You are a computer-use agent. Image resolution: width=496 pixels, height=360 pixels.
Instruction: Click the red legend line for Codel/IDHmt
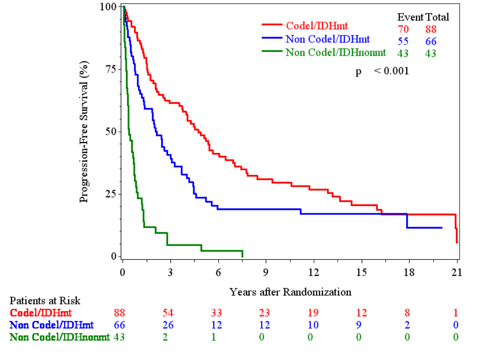(x=272, y=25)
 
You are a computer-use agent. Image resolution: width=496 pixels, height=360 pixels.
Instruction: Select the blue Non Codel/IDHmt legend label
(x=328, y=39)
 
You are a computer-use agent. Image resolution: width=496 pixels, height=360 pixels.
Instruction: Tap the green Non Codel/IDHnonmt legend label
(x=335, y=53)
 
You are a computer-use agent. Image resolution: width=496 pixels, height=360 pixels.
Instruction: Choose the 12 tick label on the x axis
(x=314, y=273)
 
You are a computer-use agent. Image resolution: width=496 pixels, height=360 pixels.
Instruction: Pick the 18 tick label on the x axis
(x=409, y=273)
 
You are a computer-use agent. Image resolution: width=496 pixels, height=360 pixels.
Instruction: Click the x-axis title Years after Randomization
(x=290, y=292)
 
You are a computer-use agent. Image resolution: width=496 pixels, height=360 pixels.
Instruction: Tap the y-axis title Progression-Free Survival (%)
(x=84, y=131)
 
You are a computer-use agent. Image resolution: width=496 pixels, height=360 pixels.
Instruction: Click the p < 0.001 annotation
(x=382, y=71)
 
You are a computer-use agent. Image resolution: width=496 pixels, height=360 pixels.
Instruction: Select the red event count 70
(x=403, y=29)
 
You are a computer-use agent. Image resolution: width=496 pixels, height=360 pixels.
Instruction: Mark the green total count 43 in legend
(x=430, y=53)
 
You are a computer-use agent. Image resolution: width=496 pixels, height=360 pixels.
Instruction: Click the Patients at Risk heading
(x=45, y=300)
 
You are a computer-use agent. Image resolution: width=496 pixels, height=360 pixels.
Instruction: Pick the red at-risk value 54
(x=168, y=313)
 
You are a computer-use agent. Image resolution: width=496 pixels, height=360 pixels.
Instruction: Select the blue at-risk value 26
(x=168, y=325)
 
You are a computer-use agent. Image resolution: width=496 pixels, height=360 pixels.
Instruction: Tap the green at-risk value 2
(x=165, y=337)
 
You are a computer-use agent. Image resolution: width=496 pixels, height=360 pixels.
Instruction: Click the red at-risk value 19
(x=313, y=313)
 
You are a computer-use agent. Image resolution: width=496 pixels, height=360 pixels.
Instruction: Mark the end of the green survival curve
(x=242, y=255)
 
